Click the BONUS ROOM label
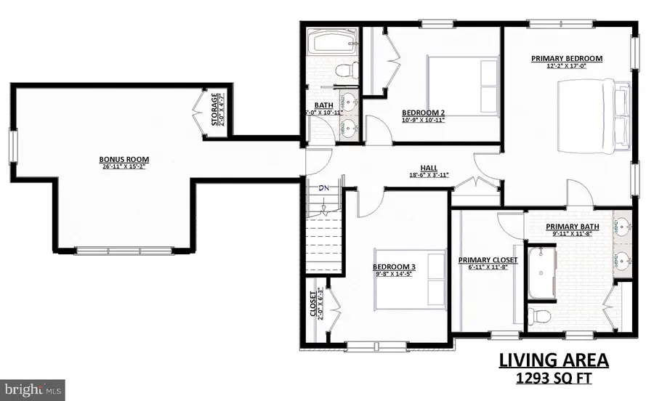(x=120, y=158)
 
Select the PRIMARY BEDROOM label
(x=567, y=58)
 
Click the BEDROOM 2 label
(x=423, y=113)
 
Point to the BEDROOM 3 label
(x=394, y=267)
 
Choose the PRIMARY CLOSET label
(x=488, y=260)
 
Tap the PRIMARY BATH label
(x=573, y=227)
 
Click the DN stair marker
(x=325, y=188)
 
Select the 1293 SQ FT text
(x=553, y=378)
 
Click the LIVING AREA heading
(x=553, y=360)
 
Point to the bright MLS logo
(x=33, y=389)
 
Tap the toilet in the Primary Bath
(x=540, y=316)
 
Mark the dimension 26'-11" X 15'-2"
(x=120, y=166)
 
